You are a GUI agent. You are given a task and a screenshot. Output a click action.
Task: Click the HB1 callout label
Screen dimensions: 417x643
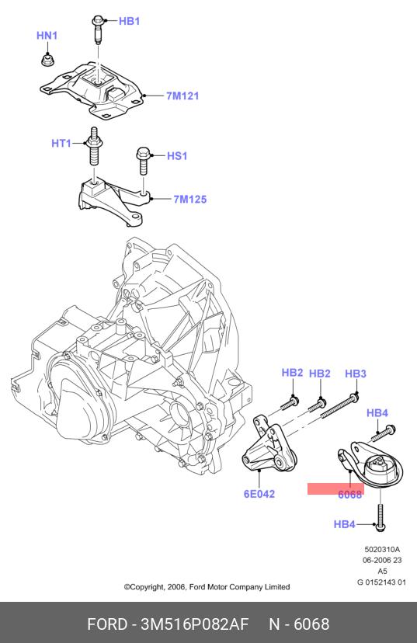[129, 21]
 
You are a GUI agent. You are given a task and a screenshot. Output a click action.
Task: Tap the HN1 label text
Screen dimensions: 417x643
[47, 36]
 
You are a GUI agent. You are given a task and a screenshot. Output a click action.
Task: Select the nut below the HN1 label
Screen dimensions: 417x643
[47, 60]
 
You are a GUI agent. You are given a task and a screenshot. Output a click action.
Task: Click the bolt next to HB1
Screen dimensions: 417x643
[98, 29]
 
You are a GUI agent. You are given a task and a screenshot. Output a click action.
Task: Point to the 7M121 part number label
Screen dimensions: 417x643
[182, 96]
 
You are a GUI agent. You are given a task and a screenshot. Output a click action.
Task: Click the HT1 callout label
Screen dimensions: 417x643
[61, 144]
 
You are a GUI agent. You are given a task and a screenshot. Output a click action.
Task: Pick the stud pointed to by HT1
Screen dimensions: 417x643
[94, 147]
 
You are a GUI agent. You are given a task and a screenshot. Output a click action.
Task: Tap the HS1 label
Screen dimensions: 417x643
[177, 156]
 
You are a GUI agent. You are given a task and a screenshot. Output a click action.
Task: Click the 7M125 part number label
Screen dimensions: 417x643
[189, 200]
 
